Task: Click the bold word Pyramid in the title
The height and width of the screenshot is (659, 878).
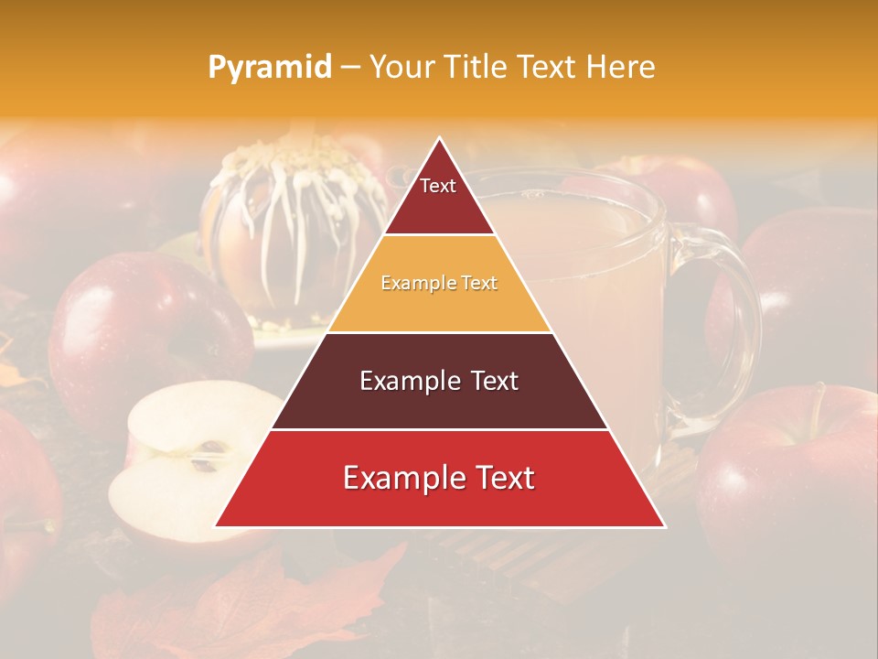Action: [270, 68]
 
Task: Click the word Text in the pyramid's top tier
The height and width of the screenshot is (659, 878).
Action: [438, 186]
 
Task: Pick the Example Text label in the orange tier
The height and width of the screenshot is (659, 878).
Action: [439, 284]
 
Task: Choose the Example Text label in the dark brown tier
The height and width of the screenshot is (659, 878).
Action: [439, 381]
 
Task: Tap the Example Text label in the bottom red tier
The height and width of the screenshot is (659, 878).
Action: [439, 478]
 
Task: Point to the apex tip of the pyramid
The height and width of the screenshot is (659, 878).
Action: [440, 138]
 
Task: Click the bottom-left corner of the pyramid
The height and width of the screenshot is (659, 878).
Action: [216, 526]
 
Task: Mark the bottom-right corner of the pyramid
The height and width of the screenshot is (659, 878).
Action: [664, 526]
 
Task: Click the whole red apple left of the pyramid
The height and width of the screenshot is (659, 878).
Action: [146, 339]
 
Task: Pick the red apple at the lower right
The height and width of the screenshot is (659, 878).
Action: [787, 467]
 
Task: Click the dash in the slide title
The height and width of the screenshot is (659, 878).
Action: [349, 68]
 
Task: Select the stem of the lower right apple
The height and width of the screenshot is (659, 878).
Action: [817, 403]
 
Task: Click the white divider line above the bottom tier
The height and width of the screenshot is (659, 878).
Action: [439, 429]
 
